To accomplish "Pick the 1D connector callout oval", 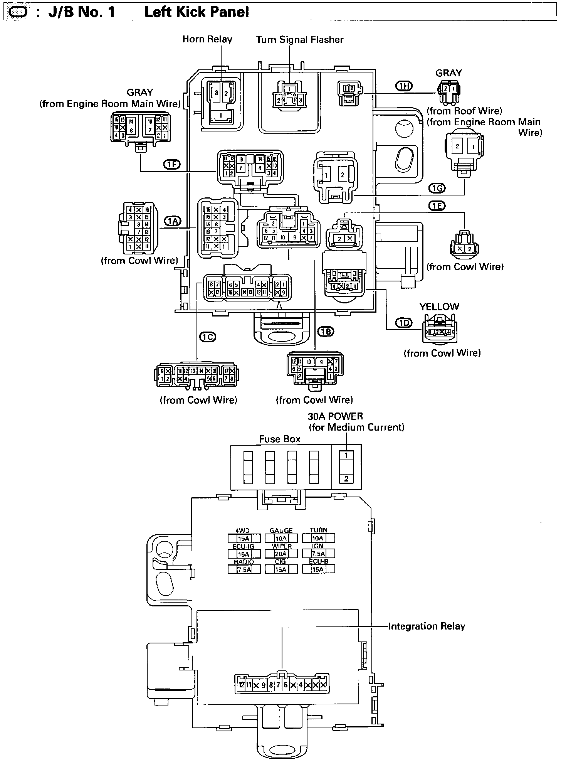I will pyautogui.click(x=404, y=323).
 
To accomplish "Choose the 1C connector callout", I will pyautogui.click(x=207, y=337).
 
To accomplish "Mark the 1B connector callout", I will pyautogui.click(x=326, y=331).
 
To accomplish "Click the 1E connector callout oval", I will pyautogui.click(x=436, y=206).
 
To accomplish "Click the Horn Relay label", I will pyautogui.click(x=207, y=39).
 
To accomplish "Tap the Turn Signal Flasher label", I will pyautogui.click(x=300, y=39).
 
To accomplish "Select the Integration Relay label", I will pyautogui.click(x=427, y=626).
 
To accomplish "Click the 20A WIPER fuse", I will pyautogui.click(x=281, y=554).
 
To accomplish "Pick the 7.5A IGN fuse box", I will pyautogui.click(x=318, y=554).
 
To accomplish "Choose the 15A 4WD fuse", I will pyautogui.click(x=244, y=539).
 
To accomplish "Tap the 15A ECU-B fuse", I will pyautogui.click(x=318, y=569).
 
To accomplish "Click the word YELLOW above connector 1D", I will pyautogui.click(x=439, y=307).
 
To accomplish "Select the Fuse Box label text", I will pyautogui.click(x=280, y=439).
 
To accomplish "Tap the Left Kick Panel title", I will pyautogui.click(x=197, y=12).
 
